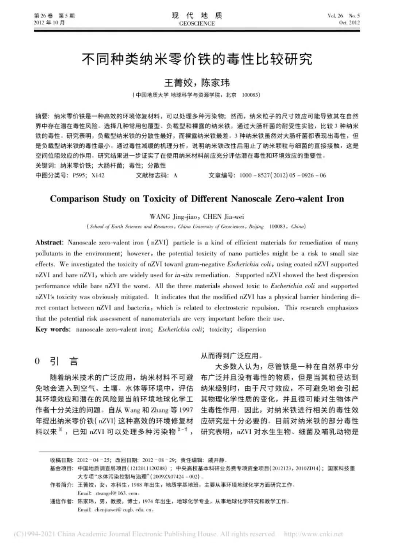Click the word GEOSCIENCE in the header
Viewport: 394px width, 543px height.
[x=197, y=23]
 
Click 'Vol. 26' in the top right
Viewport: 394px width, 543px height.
[x=335, y=16]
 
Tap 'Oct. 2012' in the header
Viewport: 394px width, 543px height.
[x=349, y=23]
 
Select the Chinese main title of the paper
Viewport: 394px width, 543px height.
[x=197, y=59]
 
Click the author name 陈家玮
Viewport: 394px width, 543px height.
[x=216, y=83]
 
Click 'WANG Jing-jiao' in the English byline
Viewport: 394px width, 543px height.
[x=173, y=216]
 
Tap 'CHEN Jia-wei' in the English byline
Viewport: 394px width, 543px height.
[x=223, y=216]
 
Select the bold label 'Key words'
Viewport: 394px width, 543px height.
[x=52, y=329]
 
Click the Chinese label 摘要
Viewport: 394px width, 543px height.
[x=42, y=116]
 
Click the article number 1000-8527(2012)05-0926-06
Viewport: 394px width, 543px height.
[x=283, y=175]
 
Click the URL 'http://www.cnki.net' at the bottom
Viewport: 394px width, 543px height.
[x=313, y=534]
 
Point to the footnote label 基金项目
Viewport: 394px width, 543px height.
[x=62, y=468]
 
